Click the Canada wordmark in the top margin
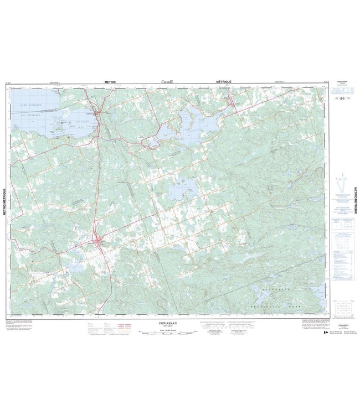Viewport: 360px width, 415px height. [168, 81]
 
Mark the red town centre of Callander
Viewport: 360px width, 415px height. [98, 115]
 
